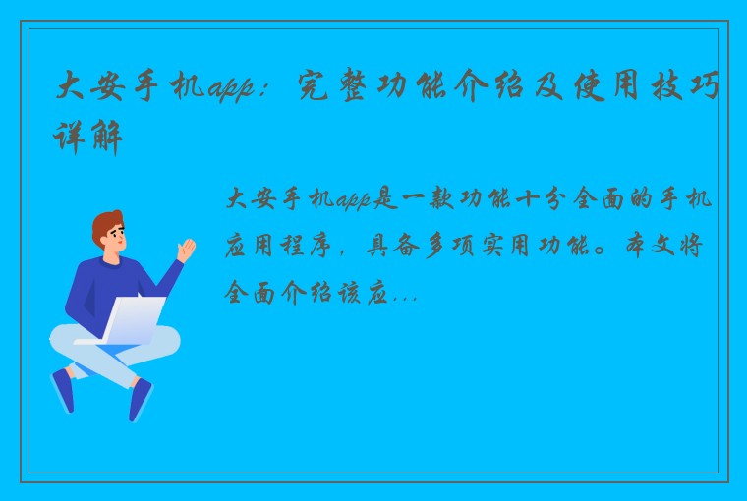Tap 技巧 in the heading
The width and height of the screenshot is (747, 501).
pos(686,86)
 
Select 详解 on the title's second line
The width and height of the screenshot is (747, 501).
pos(87,137)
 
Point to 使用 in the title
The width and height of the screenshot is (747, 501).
pos(606,86)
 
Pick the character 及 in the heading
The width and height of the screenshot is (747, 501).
pos(549,86)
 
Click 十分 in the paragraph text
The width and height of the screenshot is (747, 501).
pos(540,198)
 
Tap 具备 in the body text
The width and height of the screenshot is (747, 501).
pos(393,247)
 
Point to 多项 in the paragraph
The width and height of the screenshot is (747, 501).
pos(449,247)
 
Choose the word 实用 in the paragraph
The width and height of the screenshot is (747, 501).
pos(505,247)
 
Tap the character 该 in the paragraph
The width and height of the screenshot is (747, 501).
pos(350,293)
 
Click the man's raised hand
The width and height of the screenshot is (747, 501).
pos(186,250)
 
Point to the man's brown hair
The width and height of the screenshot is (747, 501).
pos(106,226)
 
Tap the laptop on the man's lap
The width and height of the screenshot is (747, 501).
pos(126,320)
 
